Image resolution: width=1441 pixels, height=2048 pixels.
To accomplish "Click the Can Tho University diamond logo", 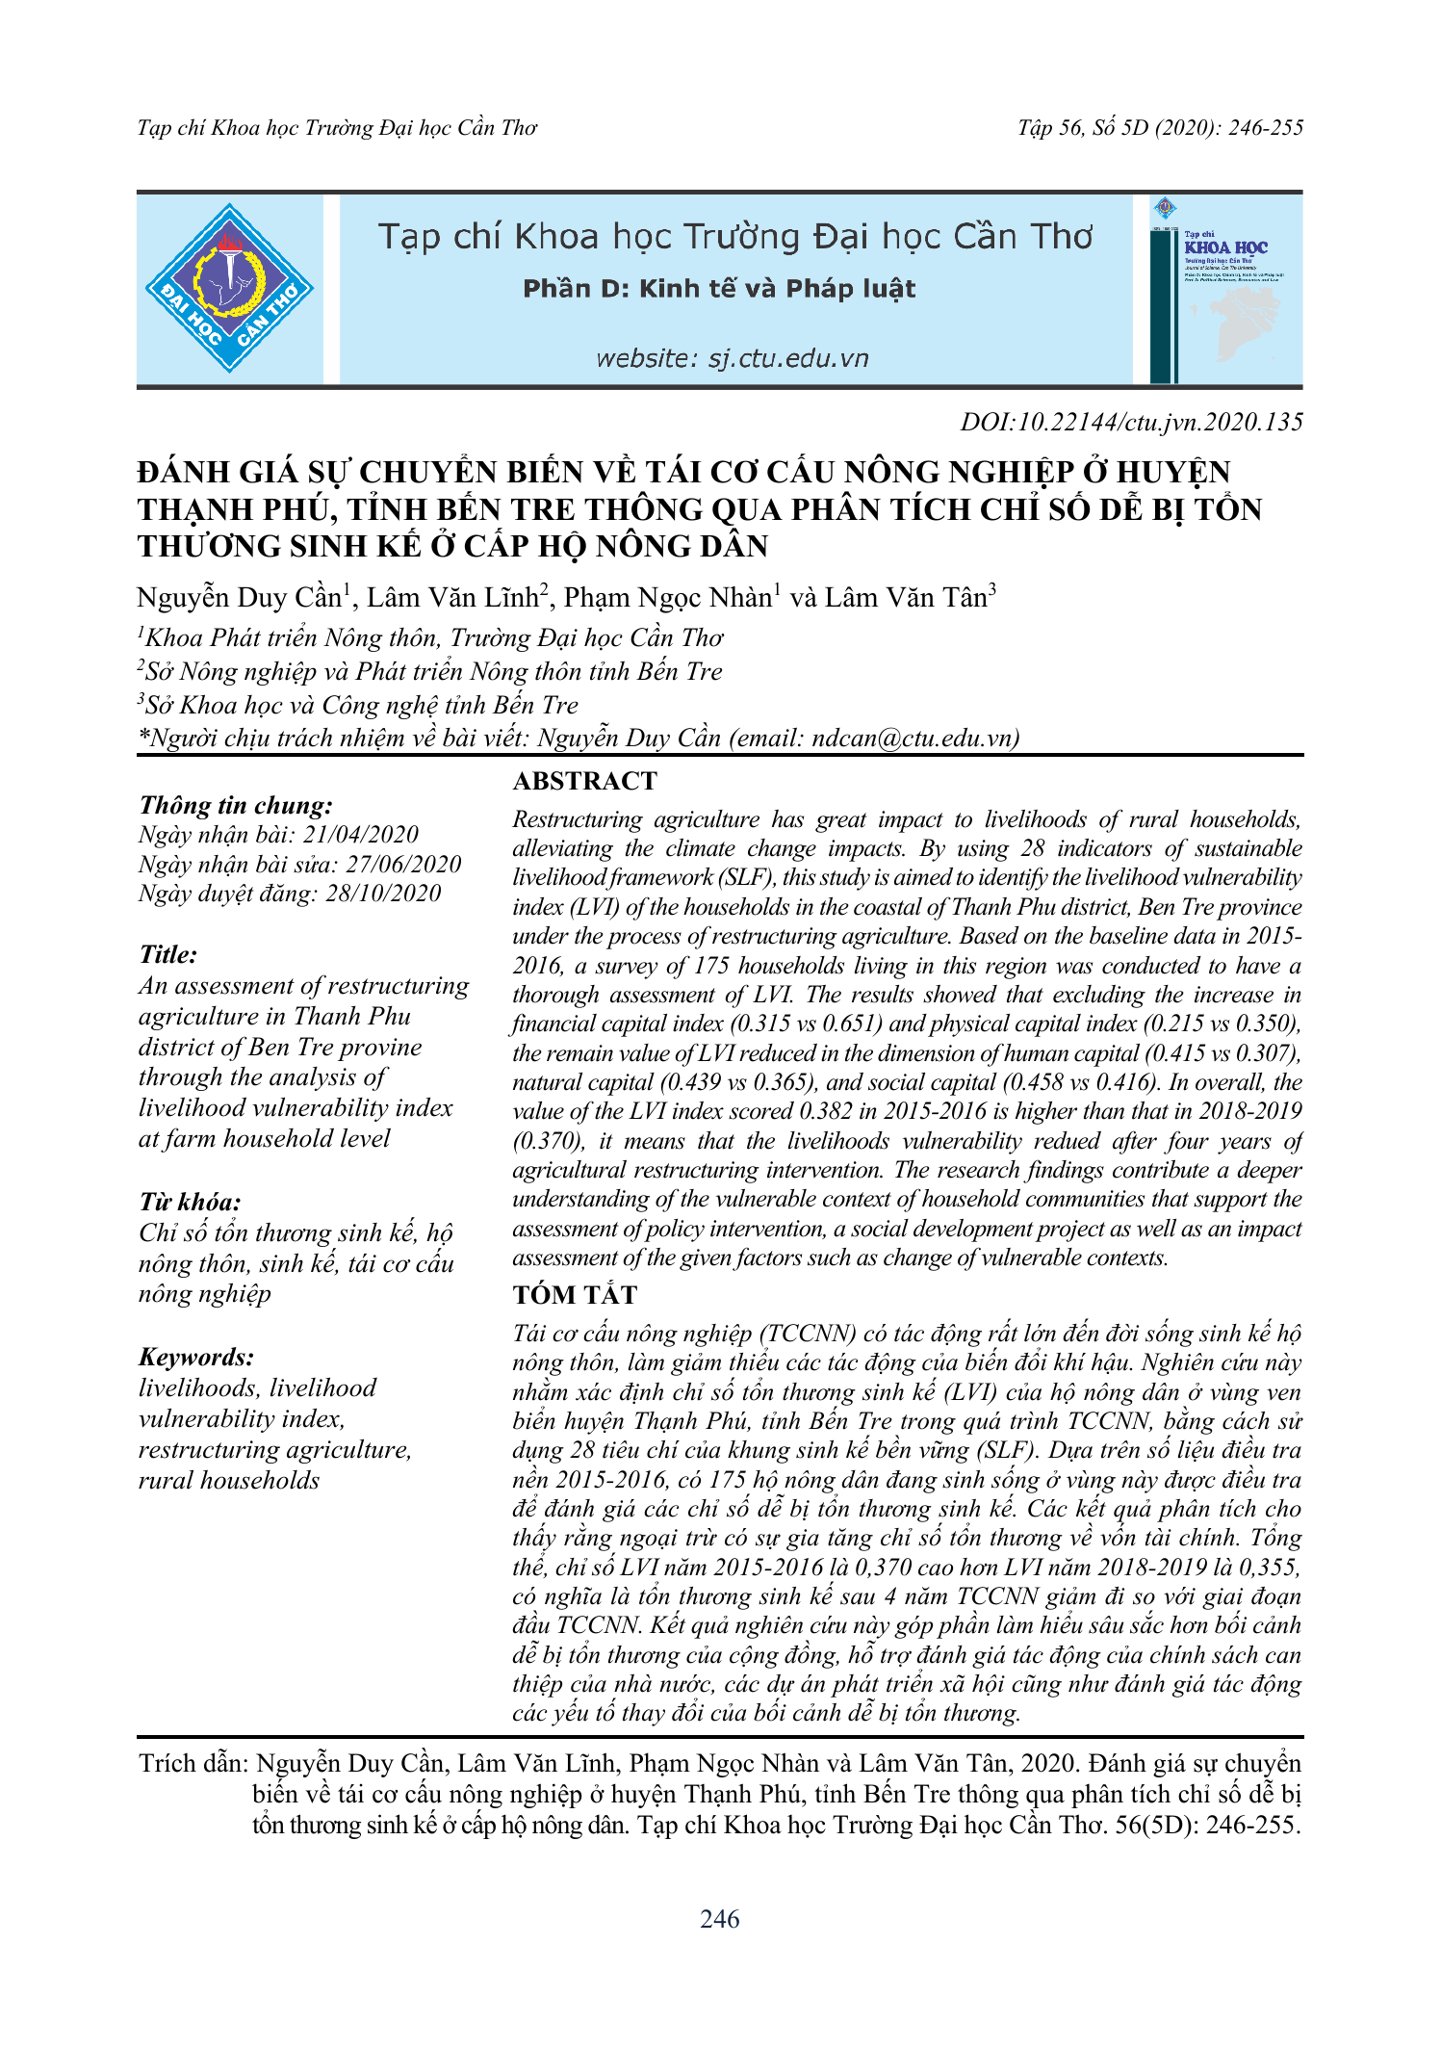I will coord(229,289).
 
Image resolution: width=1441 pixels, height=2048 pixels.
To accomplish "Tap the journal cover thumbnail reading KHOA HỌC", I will coord(1225,289).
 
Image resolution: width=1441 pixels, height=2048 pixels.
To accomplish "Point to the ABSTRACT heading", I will coord(584,781).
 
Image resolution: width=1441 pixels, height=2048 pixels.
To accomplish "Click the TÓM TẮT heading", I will coord(575,1295).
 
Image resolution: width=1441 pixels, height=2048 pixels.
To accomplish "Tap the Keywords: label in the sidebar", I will coord(196,1357).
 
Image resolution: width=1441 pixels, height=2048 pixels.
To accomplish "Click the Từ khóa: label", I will coord(190,1202).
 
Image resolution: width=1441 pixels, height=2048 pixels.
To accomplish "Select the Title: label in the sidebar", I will coord(168,954).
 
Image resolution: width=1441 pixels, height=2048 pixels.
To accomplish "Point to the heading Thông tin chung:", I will coord(236,805).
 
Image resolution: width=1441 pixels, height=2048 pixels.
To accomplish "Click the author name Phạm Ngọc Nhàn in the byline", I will coord(668,598).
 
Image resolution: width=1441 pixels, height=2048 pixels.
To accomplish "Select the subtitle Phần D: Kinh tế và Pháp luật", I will coord(719,289).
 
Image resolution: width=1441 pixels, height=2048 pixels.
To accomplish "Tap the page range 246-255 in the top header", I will coord(1265,128).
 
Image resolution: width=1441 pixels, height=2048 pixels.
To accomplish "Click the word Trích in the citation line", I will coord(167,1764).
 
